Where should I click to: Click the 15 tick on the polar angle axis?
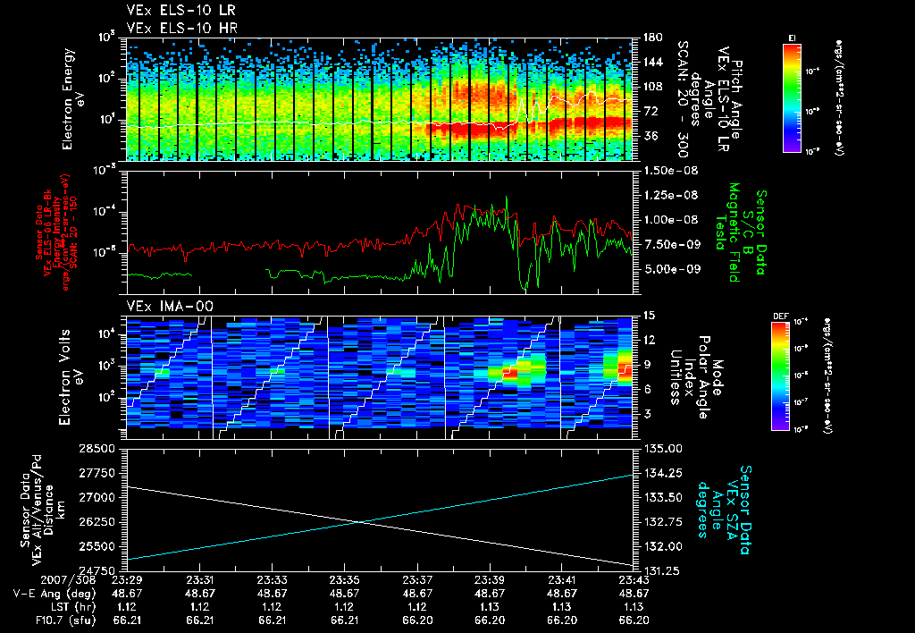[648, 316]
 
